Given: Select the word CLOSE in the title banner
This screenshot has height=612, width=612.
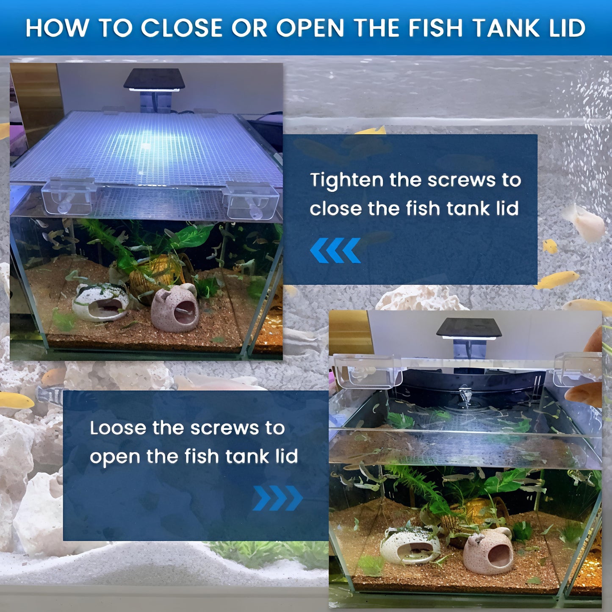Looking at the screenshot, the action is click(182, 28).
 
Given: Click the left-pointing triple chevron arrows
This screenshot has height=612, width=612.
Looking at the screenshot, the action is click(335, 250).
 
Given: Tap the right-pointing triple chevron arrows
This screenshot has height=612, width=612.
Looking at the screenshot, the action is click(278, 498).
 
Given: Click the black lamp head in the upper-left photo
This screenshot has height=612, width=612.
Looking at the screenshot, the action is click(154, 80).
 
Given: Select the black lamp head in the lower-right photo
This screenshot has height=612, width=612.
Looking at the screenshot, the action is click(469, 329).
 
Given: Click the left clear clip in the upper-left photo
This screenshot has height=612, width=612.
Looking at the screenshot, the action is click(69, 196).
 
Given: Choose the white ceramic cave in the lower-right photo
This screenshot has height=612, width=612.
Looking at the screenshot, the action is click(410, 545).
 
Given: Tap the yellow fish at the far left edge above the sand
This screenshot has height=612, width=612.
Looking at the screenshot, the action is click(16, 400).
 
